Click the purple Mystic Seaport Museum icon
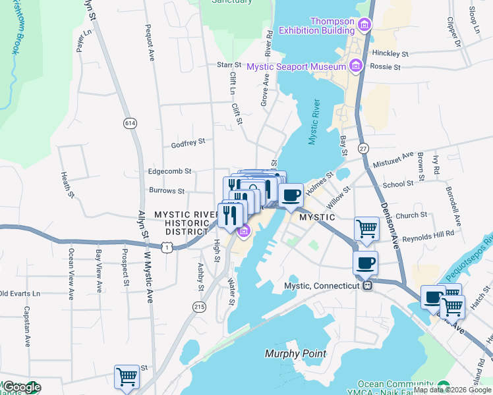coord(356,66)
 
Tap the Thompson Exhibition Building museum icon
coord(364,25)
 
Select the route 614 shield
coord(129,122)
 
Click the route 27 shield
coord(363,149)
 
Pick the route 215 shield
coord(199,306)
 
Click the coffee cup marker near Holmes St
coord(291,195)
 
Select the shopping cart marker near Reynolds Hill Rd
coord(366,229)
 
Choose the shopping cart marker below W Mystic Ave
coord(127,377)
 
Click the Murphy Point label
coord(296,354)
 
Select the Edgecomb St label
coord(169,171)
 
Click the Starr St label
coord(229,65)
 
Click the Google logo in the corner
coord(21,387)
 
